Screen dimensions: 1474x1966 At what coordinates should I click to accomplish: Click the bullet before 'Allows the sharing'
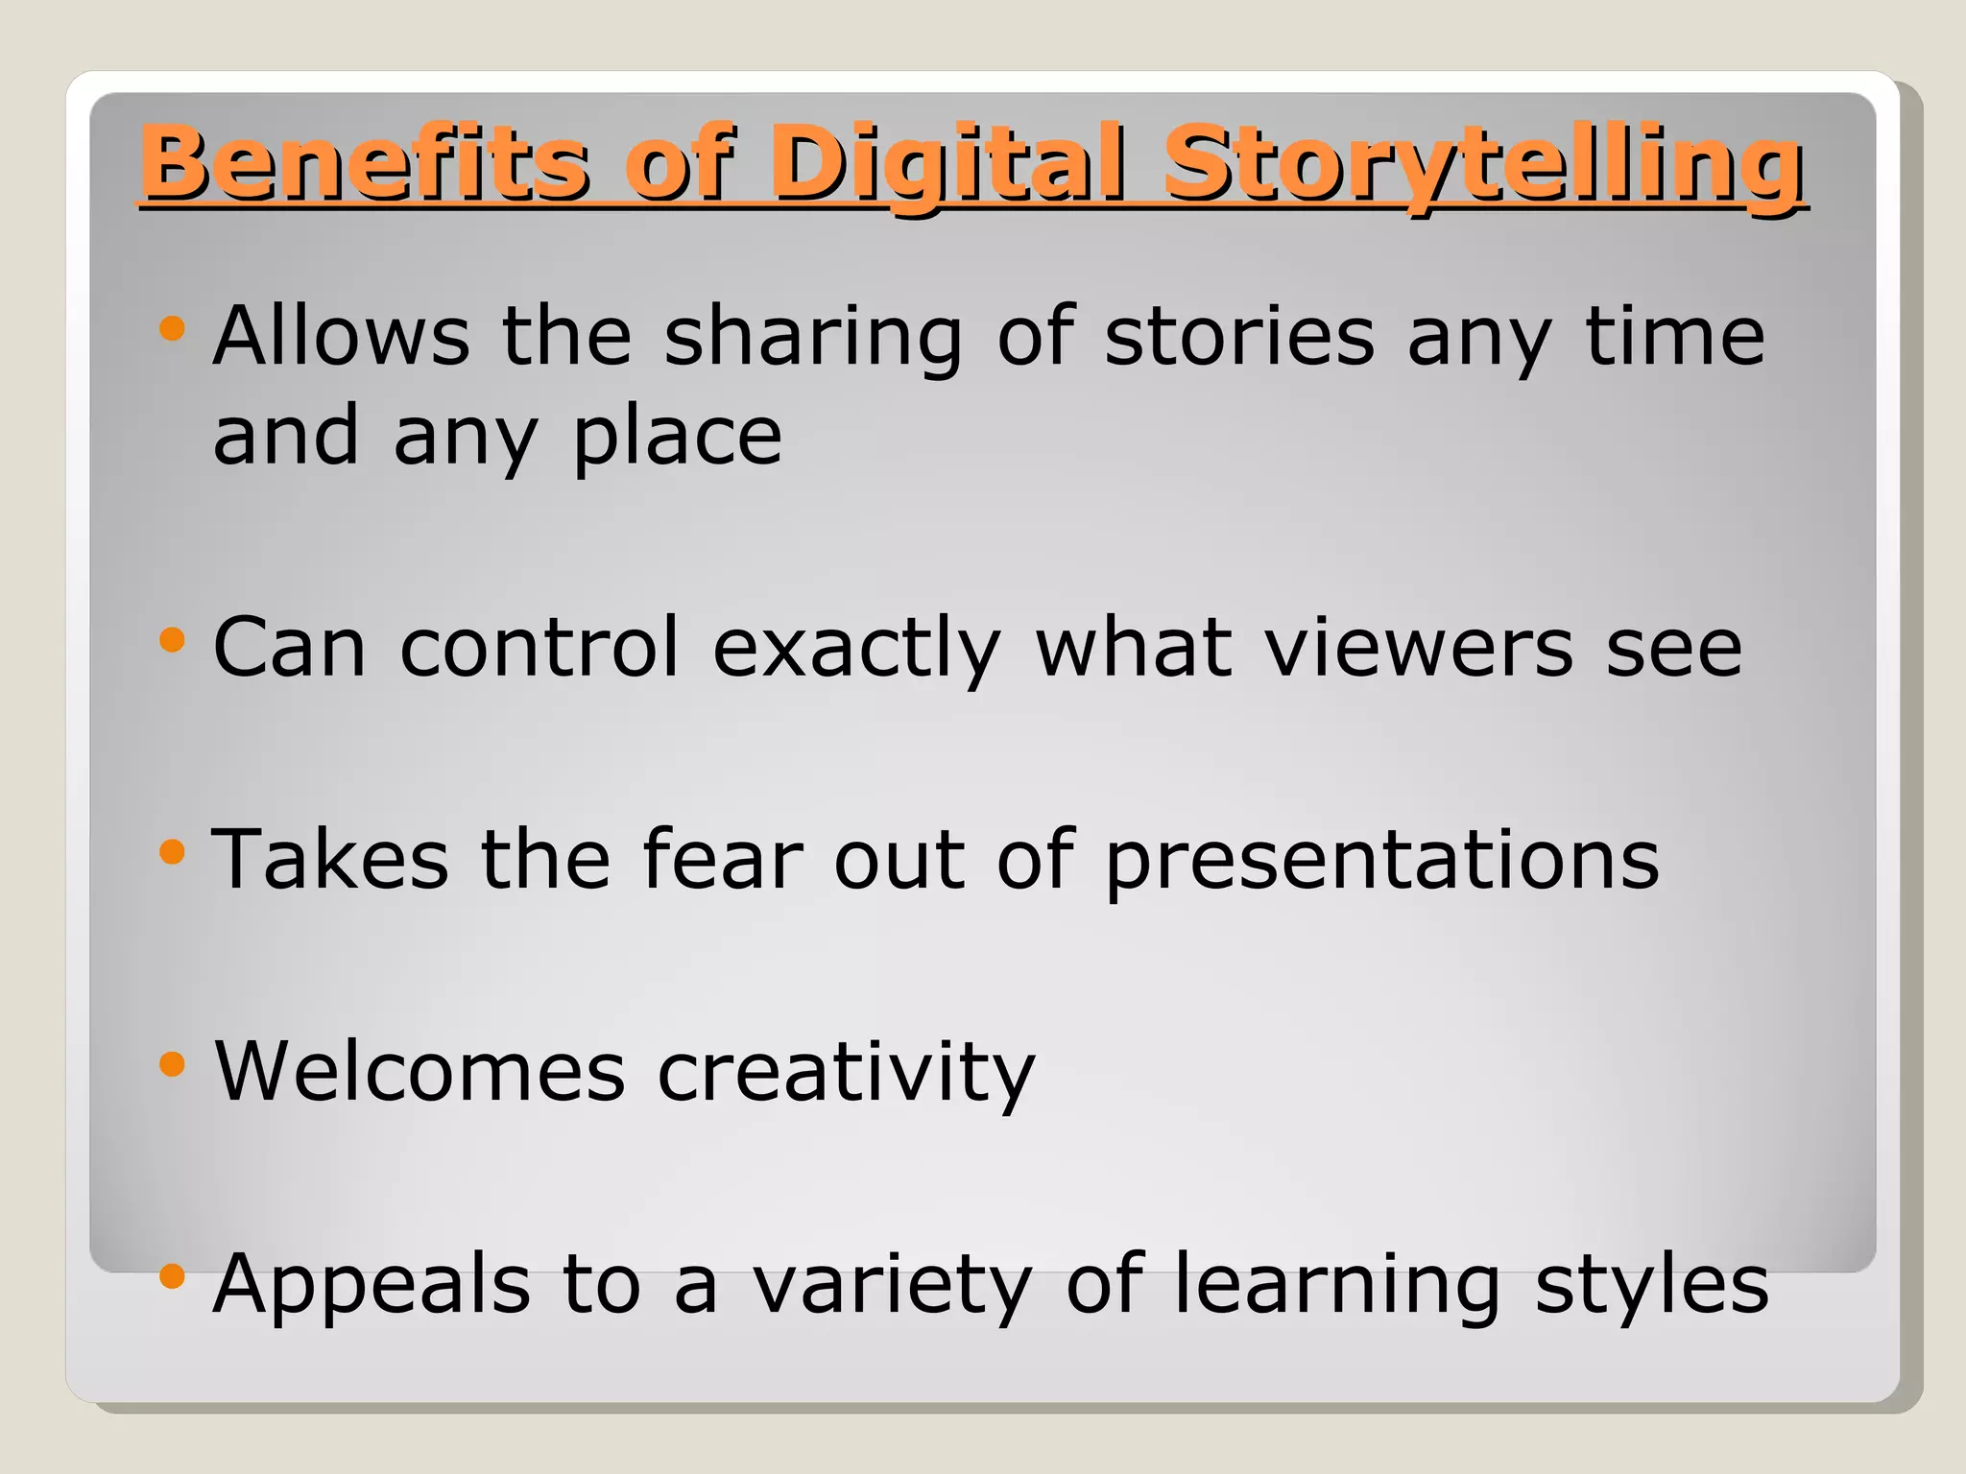172,329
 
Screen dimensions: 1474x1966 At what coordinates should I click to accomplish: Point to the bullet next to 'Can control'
172,640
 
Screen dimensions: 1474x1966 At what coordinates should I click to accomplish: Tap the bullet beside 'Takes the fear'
172,851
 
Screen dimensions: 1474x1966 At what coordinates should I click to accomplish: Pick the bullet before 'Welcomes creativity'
172,1063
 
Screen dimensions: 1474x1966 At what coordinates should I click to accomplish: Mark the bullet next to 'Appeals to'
172,1275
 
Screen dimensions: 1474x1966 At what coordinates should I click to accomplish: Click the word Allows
342,335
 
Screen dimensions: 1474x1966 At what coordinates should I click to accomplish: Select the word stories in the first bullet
1239,335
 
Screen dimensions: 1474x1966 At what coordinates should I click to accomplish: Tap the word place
678,437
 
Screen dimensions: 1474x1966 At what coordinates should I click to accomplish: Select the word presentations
1381,860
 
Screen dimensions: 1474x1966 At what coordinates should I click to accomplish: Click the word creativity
846,1073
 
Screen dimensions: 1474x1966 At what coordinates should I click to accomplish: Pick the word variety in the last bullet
892,1285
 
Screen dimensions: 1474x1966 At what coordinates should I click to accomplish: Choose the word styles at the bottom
1651,1285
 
